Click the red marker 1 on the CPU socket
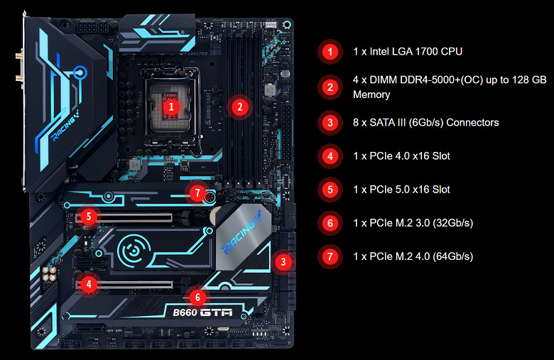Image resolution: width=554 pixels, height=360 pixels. (x=171, y=107)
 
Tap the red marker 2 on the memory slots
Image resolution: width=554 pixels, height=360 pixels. (x=239, y=107)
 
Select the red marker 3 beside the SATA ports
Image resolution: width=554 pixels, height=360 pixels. (x=283, y=262)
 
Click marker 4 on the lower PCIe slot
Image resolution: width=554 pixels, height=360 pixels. (x=89, y=284)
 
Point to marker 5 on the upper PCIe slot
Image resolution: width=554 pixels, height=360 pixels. (x=89, y=216)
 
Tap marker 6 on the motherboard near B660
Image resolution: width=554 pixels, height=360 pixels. (x=197, y=298)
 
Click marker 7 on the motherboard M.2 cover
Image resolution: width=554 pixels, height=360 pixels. (x=197, y=193)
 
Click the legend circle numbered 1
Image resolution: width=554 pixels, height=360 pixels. (x=330, y=52)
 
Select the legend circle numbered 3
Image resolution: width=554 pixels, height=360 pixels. (x=330, y=123)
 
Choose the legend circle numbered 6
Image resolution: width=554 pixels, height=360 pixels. (x=330, y=223)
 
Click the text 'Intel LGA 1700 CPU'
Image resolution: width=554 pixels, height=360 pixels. (x=415, y=52)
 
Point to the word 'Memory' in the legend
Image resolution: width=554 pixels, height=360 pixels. (x=371, y=94)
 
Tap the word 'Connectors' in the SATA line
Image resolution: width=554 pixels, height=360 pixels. (x=472, y=123)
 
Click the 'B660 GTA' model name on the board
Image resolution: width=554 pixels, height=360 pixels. (x=203, y=312)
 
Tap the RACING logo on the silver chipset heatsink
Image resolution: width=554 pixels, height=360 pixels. (x=241, y=232)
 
